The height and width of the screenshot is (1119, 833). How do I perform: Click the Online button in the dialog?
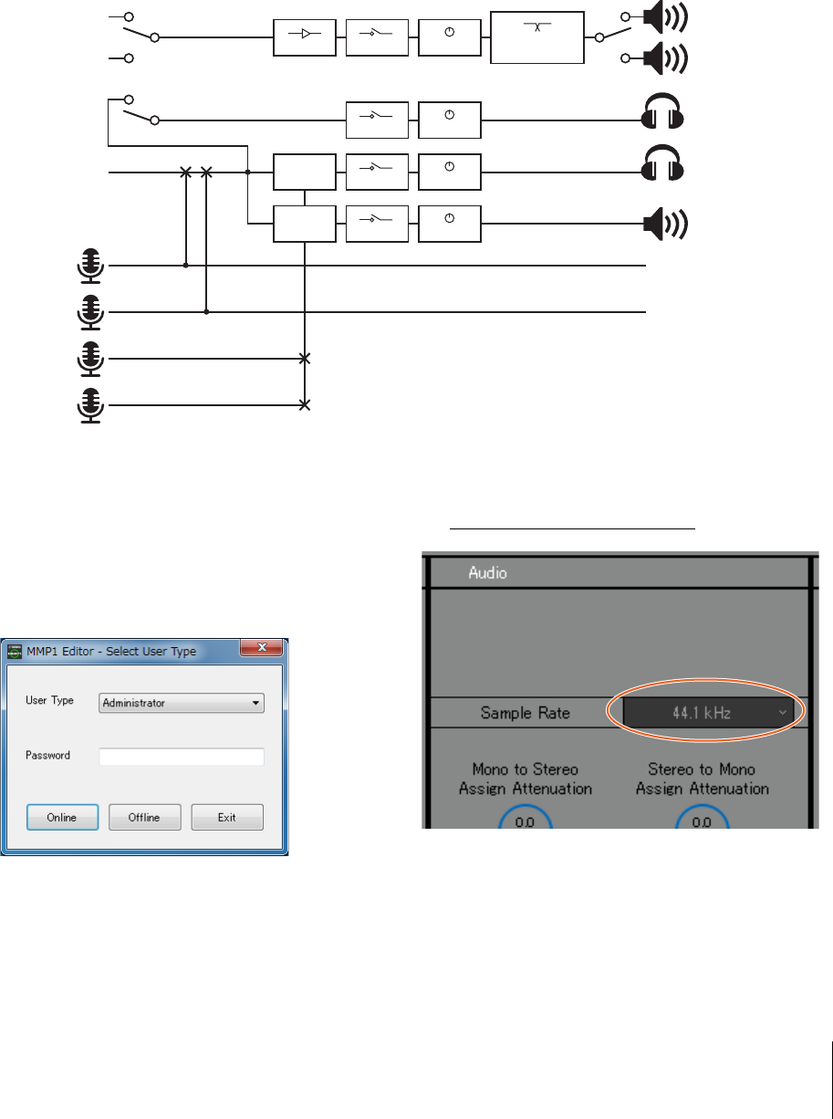[x=62, y=817]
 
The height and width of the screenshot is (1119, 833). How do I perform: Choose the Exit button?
[x=227, y=817]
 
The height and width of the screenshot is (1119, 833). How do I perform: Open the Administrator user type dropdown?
[x=182, y=703]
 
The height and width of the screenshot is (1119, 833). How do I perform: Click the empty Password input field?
[x=182, y=756]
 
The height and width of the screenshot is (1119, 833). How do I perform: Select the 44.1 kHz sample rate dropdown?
[x=708, y=712]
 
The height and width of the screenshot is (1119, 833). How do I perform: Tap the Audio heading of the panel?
[x=487, y=572]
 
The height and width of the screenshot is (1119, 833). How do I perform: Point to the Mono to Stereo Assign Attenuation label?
[x=525, y=779]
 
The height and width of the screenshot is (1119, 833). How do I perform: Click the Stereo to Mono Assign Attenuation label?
[x=702, y=779]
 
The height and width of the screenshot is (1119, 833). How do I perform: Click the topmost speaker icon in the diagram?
[x=665, y=16]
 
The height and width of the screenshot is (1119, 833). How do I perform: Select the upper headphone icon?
[x=662, y=117]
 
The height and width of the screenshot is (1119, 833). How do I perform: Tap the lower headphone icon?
[x=662, y=168]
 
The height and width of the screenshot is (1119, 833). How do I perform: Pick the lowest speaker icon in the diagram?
[x=665, y=223]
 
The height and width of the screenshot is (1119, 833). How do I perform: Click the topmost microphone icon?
[x=90, y=264]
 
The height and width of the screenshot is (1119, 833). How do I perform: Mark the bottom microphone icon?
[x=90, y=405]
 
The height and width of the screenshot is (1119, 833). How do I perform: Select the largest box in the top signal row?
[x=536, y=37]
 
